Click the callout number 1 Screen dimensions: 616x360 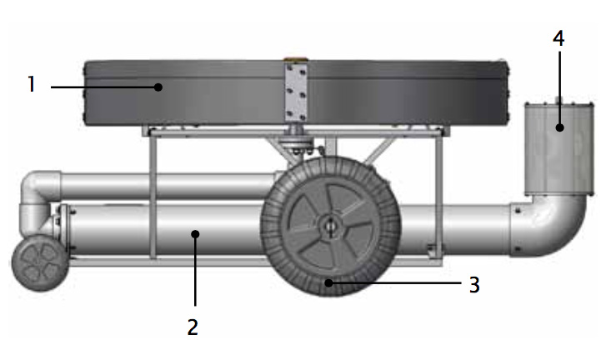click(x=32, y=84)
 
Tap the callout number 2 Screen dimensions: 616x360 click(x=193, y=327)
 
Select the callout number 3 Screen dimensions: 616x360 click(x=474, y=285)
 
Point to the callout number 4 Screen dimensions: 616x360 click(x=558, y=38)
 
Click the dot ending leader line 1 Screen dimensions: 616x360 click(x=158, y=87)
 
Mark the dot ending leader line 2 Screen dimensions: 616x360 click(x=195, y=234)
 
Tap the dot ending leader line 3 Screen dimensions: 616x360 click(x=328, y=282)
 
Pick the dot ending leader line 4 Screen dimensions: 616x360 click(x=560, y=127)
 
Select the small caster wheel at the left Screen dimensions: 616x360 click(x=40, y=263)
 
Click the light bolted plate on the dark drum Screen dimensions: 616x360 click(x=296, y=92)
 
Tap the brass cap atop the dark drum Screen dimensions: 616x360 click(x=296, y=60)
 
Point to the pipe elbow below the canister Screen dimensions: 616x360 click(x=548, y=225)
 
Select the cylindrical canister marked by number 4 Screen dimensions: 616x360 click(x=559, y=149)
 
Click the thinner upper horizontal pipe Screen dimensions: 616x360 click(x=169, y=186)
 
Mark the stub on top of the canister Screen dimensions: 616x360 click(x=558, y=100)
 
